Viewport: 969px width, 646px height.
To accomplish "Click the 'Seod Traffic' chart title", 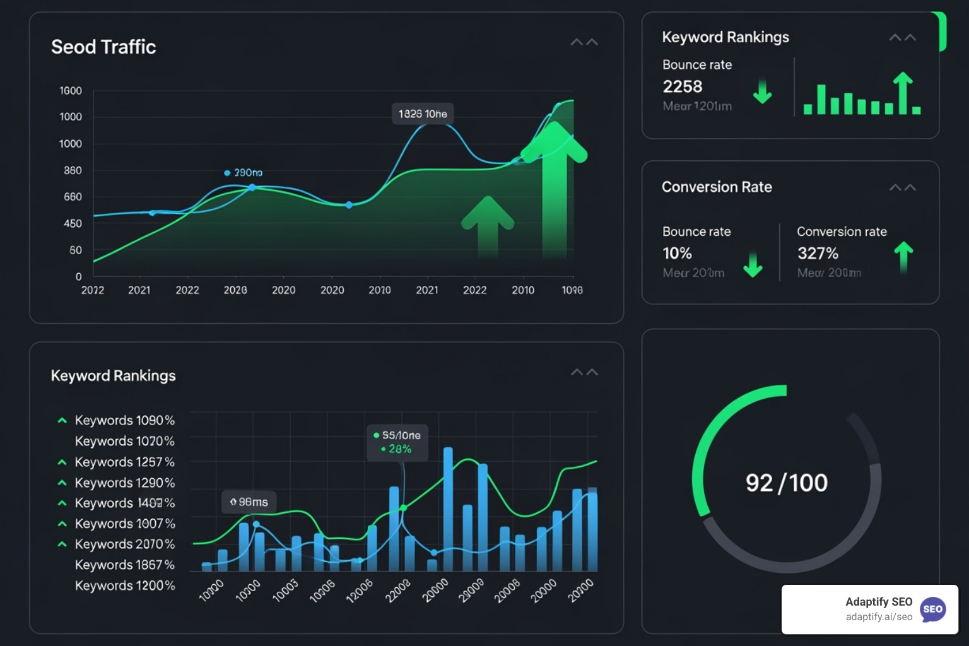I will point(103,47).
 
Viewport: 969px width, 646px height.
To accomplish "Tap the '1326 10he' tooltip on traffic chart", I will point(423,114).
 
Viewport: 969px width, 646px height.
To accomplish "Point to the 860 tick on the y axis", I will point(73,170).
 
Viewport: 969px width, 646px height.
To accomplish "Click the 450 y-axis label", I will point(73,223).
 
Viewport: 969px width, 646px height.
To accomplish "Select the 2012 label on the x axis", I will point(93,290).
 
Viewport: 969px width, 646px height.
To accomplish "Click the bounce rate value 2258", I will point(683,86).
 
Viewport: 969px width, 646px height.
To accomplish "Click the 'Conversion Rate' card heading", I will point(717,187).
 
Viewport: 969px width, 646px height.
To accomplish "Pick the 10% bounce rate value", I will point(677,253).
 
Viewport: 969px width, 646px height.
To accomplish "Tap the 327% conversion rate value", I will point(818,253).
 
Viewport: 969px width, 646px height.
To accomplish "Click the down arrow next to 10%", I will point(753,265).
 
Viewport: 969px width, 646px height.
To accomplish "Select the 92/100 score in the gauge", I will point(786,483).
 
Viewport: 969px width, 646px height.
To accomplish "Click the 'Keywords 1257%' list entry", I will point(124,462).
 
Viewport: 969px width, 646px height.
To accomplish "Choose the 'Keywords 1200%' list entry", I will point(124,586).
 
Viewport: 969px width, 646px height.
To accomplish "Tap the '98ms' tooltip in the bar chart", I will point(249,502).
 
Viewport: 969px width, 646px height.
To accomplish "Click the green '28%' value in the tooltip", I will point(400,449).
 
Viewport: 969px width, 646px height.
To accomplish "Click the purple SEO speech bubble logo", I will point(932,609).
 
